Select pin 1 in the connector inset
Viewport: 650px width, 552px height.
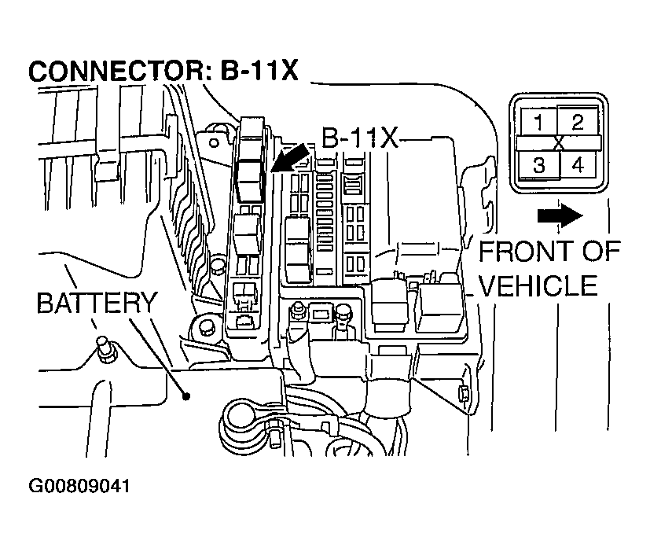[538, 122]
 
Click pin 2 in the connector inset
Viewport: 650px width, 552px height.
[578, 122]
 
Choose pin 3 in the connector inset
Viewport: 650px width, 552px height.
[538, 165]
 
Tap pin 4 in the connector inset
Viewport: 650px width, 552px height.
[578, 165]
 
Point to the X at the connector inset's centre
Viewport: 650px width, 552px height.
[559, 143]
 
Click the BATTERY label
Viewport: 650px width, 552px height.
[97, 303]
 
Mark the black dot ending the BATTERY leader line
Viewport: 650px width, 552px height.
[186, 396]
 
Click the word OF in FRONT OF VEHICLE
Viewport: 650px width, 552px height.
[597, 253]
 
